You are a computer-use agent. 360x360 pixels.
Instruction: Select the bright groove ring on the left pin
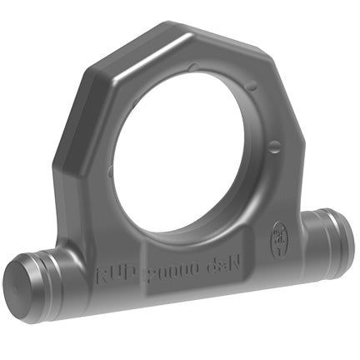point(52,272)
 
